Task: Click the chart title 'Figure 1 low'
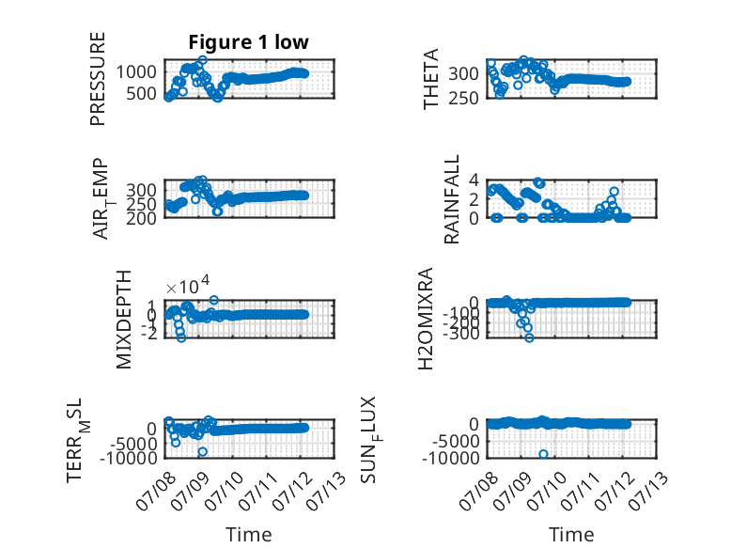pos(248,42)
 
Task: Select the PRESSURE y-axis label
pos(98,79)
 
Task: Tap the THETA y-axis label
pos(431,79)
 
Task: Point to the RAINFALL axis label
pos(452,199)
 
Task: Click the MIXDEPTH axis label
pos(124,320)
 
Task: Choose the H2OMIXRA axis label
pos(426,319)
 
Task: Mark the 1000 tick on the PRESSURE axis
pos(136,72)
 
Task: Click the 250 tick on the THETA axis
pos(463,99)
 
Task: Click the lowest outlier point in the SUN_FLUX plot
pos(543,454)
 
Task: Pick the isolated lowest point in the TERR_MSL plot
pos(202,451)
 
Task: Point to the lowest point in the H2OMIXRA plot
pos(529,337)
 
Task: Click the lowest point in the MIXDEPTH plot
pos(181,337)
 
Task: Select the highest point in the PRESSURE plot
pos(202,60)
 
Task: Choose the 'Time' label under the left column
pos(248,535)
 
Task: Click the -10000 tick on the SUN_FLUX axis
pos(450,459)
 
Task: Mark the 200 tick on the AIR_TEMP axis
pos(141,218)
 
